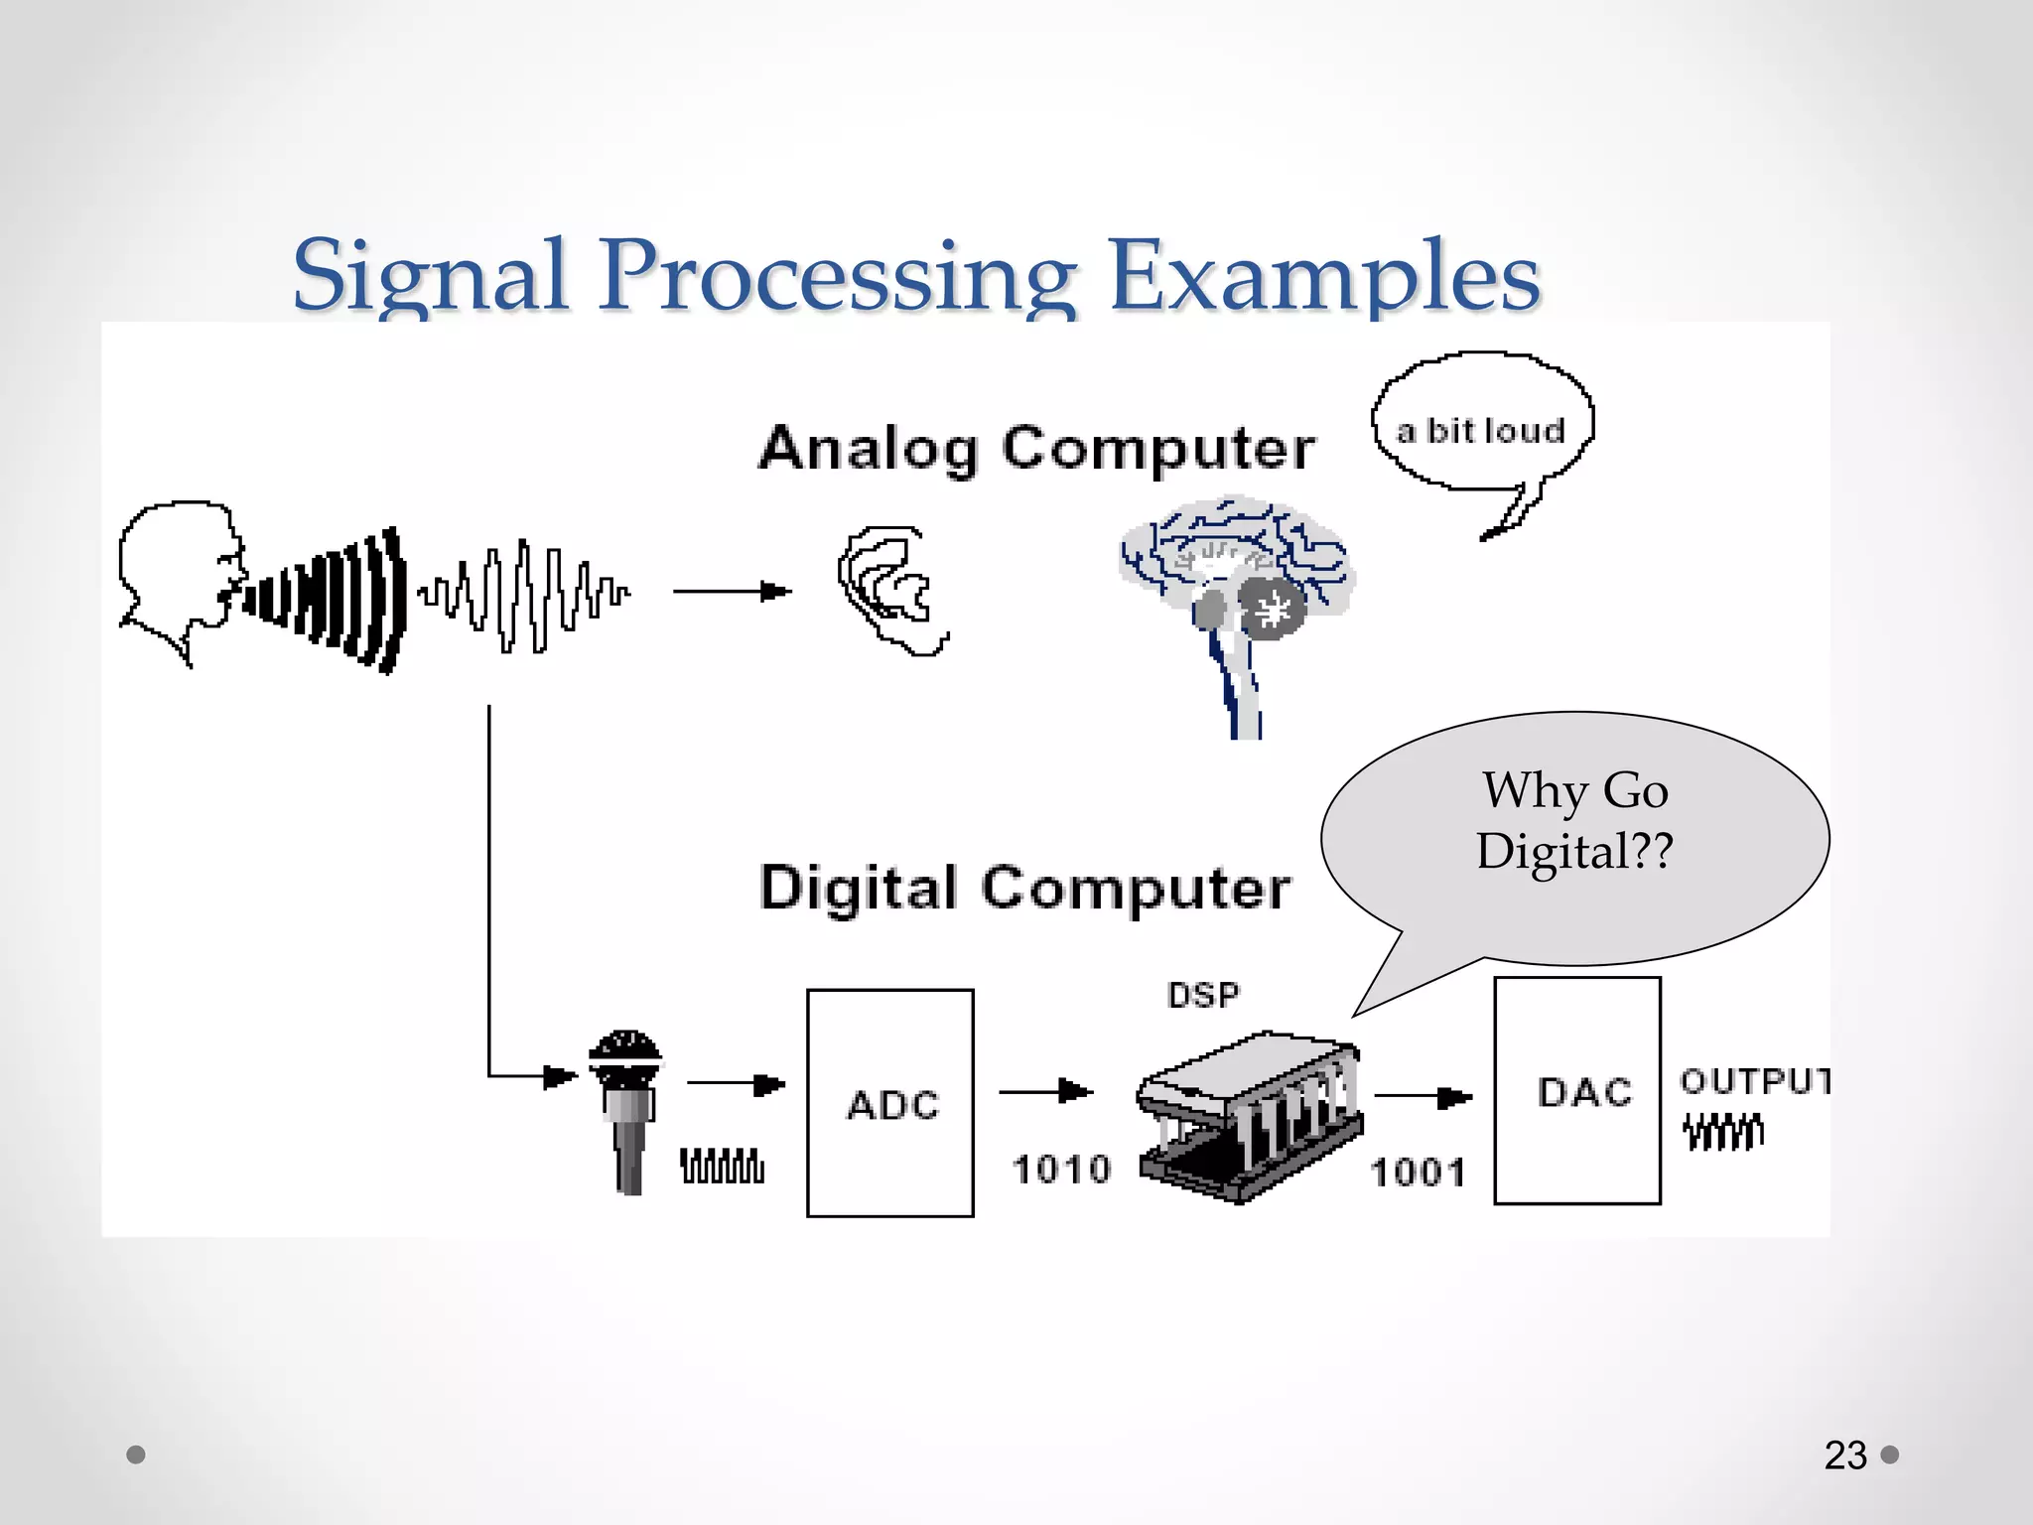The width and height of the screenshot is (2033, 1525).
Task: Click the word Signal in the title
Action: click(x=429, y=275)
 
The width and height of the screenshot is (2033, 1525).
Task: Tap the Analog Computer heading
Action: click(x=1036, y=448)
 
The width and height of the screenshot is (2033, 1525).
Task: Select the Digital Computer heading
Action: click(x=1024, y=887)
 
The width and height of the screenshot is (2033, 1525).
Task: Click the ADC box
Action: click(x=890, y=1102)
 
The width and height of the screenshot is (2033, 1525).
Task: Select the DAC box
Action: click(x=1577, y=1090)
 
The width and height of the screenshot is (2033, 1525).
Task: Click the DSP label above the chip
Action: click(x=1203, y=995)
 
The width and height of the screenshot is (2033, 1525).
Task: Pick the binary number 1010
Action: click(x=1061, y=1169)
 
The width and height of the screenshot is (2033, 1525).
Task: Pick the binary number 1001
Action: click(x=1418, y=1173)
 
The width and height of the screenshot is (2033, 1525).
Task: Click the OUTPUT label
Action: click(x=1754, y=1080)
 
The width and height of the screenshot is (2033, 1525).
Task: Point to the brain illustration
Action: click(x=1236, y=586)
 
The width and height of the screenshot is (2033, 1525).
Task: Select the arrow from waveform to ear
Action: click(x=732, y=592)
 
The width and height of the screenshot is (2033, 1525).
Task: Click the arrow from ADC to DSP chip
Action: click(x=1045, y=1091)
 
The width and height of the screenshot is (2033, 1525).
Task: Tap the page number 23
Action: click(x=1844, y=1456)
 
